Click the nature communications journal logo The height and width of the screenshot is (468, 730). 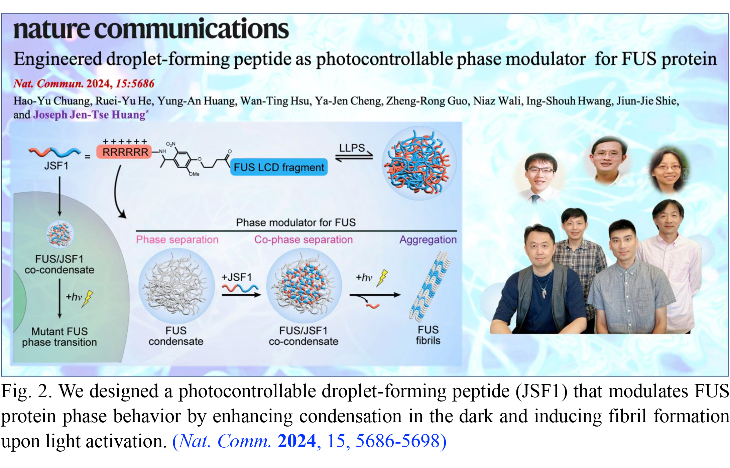[x=151, y=29]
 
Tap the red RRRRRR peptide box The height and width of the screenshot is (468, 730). [x=124, y=152]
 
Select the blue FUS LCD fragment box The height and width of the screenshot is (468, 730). [x=279, y=167]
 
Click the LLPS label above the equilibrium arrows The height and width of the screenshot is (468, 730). [x=352, y=148]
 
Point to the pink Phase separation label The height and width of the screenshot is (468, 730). [x=177, y=240]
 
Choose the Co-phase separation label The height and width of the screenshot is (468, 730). [x=303, y=240]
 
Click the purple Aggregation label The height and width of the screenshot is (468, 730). [x=428, y=240]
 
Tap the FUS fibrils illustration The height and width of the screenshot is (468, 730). [x=430, y=287]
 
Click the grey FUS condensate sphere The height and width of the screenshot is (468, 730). [x=176, y=286]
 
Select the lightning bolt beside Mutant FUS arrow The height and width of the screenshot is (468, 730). [x=88, y=298]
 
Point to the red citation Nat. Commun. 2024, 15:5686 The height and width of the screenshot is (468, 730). [x=84, y=84]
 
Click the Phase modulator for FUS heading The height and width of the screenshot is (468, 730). [x=296, y=222]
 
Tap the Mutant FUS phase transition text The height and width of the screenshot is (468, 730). [x=59, y=337]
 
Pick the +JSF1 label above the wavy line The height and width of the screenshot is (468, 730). [x=236, y=277]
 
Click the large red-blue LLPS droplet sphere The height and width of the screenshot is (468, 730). [x=419, y=163]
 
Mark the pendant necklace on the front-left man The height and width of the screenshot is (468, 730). [x=544, y=294]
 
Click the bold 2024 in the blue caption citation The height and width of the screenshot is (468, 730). [x=296, y=441]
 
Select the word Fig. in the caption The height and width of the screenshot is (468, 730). [x=16, y=391]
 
